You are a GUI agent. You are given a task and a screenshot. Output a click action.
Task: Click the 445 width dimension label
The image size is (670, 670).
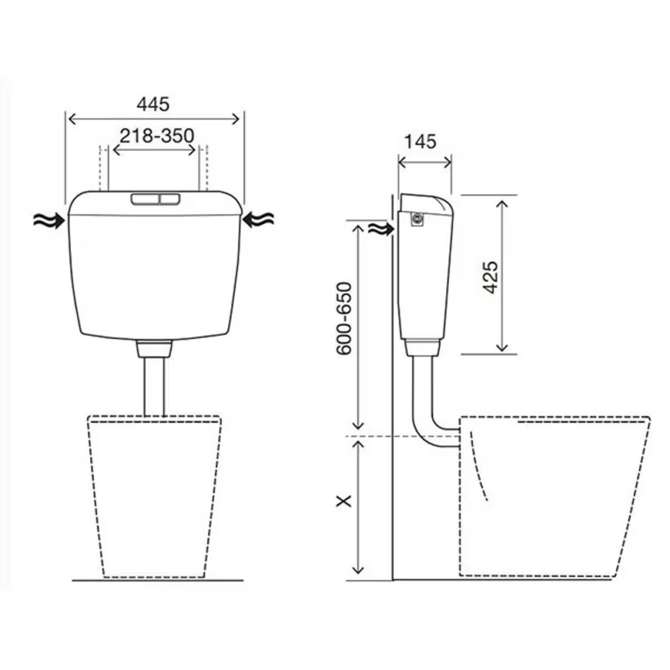153,105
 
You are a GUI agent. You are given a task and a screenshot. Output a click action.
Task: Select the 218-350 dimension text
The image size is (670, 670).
157,136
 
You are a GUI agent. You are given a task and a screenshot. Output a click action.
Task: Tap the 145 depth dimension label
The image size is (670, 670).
421,142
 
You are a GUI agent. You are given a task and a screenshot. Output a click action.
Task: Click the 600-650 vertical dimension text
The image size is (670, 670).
344,318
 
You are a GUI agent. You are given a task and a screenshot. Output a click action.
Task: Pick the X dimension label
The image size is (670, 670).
344,500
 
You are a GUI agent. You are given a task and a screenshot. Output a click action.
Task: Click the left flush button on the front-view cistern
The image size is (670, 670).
145,199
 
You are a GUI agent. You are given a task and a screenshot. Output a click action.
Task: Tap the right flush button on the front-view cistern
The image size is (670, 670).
170,199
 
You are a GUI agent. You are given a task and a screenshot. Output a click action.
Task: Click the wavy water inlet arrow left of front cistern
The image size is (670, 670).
49,220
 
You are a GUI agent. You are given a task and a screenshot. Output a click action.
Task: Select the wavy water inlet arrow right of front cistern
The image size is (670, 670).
258,220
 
